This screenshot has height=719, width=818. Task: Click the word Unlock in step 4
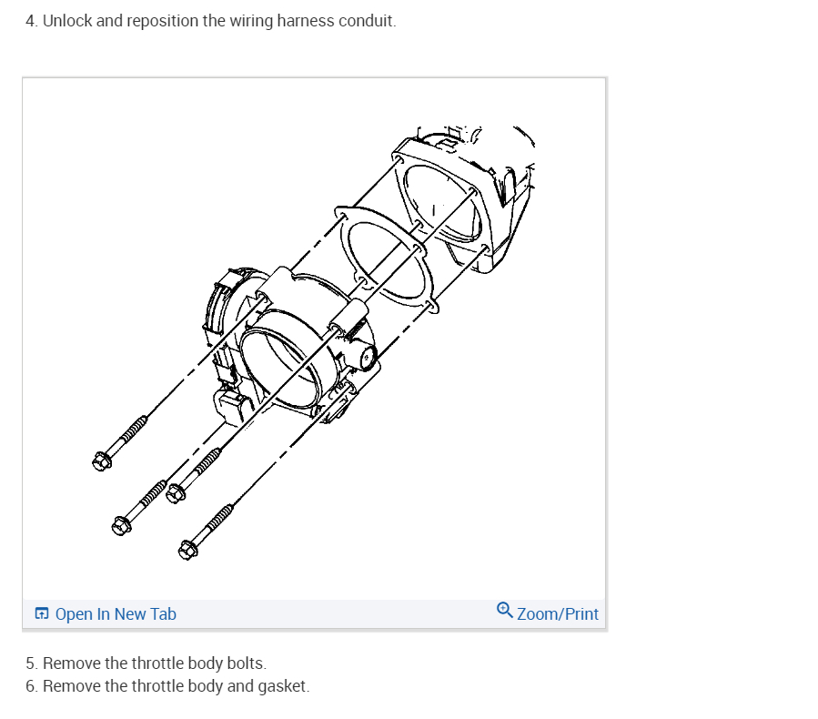click(67, 20)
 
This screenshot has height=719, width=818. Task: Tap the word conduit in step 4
click(367, 20)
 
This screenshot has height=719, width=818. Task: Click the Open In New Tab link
click(116, 614)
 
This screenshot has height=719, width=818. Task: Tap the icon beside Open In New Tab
click(42, 614)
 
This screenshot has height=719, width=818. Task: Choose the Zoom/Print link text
click(558, 614)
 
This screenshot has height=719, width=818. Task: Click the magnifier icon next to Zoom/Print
click(505, 611)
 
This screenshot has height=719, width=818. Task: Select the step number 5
click(31, 663)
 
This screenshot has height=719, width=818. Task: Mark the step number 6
click(31, 685)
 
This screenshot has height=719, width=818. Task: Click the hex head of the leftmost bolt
click(101, 461)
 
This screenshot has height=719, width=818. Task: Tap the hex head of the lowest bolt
click(188, 550)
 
